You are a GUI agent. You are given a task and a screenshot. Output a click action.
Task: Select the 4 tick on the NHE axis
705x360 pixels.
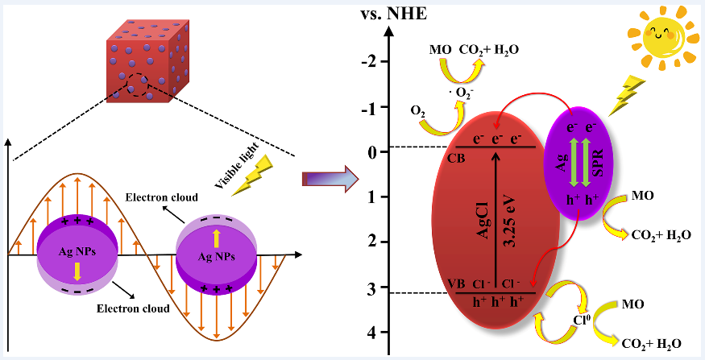point(371,333)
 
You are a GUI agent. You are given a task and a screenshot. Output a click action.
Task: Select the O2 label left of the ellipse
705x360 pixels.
point(417,110)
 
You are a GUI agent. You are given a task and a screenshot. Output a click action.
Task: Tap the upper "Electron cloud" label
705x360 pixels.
point(158,197)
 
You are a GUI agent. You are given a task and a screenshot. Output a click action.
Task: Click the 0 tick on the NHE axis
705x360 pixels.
point(372,152)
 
